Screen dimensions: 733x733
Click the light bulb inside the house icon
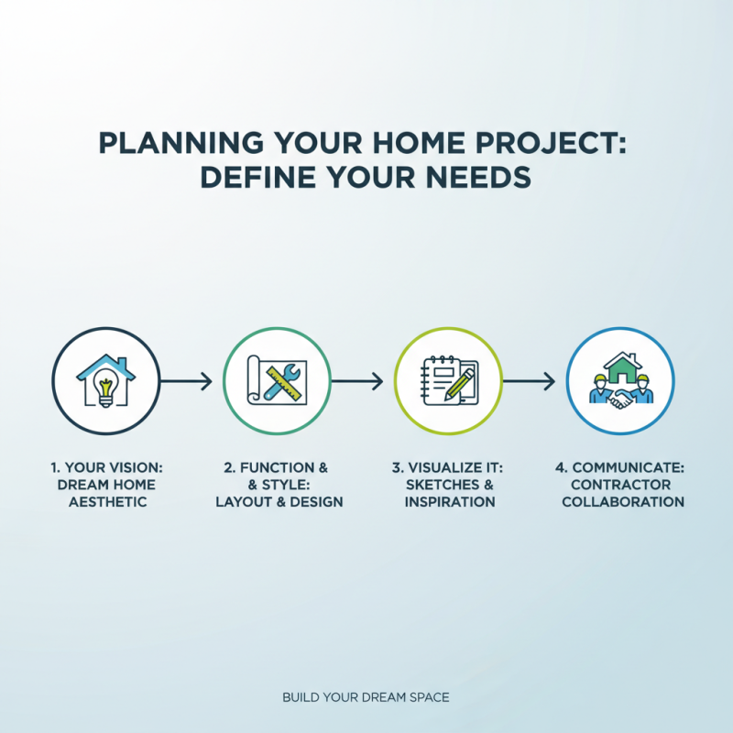click(x=106, y=389)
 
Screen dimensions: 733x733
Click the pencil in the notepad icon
click(x=458, y=385)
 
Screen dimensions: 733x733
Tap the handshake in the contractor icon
click(x=619, y=399)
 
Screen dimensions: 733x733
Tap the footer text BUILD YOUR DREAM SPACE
click(x=366, y=697)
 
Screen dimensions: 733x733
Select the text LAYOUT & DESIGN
click(x=279, y=501)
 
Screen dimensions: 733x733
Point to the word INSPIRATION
click(x=449, y=501)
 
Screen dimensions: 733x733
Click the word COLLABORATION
click(x=622, y=501)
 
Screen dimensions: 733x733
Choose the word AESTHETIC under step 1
click(x=107, y=501)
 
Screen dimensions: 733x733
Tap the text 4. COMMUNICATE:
click(x=620, y=467)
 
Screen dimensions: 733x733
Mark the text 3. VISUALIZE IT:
click(x=448, y=467)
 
